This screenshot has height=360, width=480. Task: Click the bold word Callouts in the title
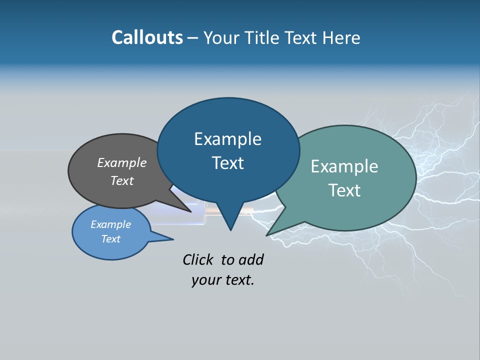(x=147, y=37)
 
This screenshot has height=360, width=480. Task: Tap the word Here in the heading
(x=342, y=37)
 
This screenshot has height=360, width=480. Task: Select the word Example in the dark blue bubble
(x=227, y=139)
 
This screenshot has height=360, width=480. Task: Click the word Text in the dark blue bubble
(x=227, y=163)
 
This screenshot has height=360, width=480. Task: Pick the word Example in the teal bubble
(x=344, y=166)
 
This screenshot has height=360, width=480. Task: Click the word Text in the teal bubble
(x=344, y=190)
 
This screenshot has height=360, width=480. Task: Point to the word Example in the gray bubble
(x=122, y=163)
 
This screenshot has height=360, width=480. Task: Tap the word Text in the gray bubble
(x=122, y=181)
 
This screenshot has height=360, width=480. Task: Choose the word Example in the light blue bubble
(x=110, y=224)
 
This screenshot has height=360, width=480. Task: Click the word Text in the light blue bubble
(x=110, y=239)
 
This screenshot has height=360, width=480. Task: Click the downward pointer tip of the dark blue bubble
(x=230, y=230)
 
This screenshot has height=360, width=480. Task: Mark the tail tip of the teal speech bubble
(x=267, y=235)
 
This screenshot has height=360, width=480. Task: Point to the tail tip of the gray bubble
(x=190, y=211)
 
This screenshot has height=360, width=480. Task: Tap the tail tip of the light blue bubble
(x=173, y=239)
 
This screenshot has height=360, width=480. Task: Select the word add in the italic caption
(x=250, y=259)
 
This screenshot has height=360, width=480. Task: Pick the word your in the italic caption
(x=206, y=280)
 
